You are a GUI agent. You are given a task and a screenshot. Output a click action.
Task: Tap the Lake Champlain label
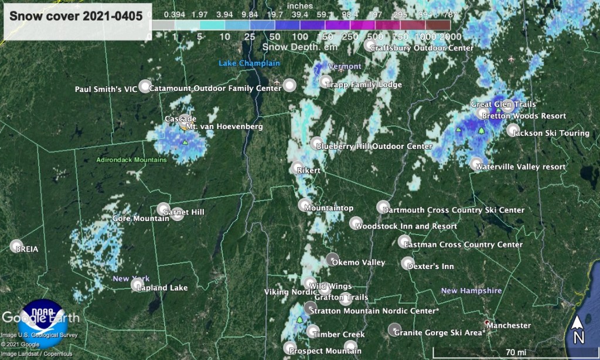(x=249, y=63)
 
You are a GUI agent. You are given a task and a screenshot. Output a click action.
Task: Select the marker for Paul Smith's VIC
(x=144, y=86)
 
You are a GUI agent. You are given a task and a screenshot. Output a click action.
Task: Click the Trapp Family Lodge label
(x=364, y=85)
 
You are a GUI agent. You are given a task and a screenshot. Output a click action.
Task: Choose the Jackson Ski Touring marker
(x=513, y=130)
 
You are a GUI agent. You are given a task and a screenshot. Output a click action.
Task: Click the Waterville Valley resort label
(x=520, y=167)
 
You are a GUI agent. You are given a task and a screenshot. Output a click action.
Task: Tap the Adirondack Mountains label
(x=131, y=159)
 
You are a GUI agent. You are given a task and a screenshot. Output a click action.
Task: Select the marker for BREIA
(x=16, y=246)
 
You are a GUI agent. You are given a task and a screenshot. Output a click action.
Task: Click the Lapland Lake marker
(x=137, y=285)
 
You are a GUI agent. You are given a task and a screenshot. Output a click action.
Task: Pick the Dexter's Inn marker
(x=408, y=263)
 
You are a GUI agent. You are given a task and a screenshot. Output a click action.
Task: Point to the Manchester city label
(x=509, y=325)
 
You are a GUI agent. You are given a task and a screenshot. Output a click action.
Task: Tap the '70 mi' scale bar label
(x=516, y=351)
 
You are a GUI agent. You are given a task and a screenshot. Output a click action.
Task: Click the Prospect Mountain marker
(x=288, y=348)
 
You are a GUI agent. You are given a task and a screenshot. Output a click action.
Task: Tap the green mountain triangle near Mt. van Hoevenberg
(x=185, y=142)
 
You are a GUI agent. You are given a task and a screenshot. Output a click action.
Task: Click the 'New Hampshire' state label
(x=471, y=291)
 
